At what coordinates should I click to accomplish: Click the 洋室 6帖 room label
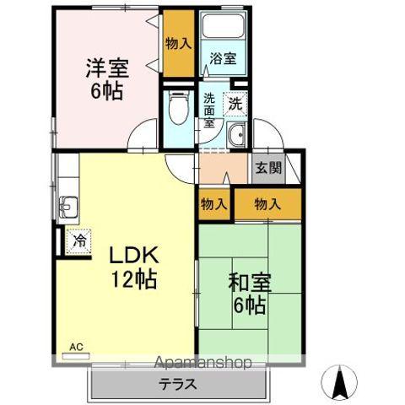point(105,77)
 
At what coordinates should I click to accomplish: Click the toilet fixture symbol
point(178,109)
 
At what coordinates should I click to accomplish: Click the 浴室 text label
point(223,59)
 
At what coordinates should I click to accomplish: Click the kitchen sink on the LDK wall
point(67,205)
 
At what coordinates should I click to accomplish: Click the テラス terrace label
point(179,384)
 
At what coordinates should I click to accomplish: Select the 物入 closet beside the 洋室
point(178,42)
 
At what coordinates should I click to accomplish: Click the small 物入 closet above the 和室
point(214,202)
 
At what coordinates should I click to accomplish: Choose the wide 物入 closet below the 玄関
point(267,202)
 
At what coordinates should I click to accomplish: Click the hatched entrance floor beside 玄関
point(291,166)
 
